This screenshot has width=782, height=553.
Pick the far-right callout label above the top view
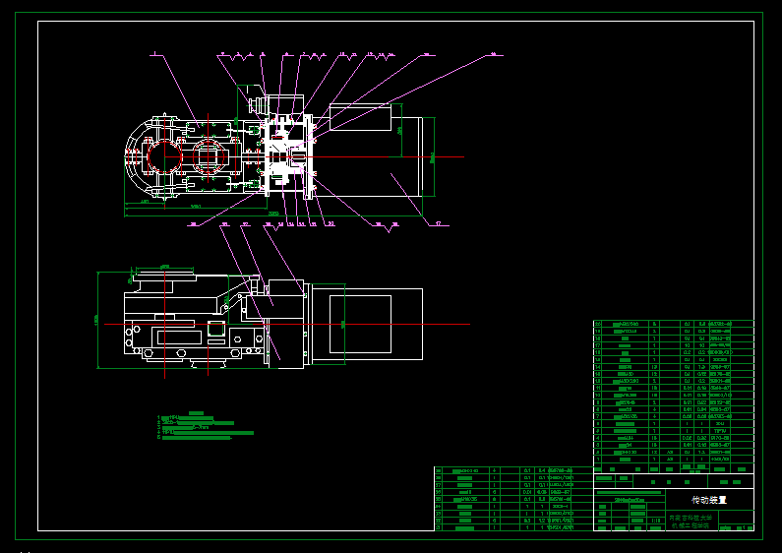pyautogui.click(x=494, y=53)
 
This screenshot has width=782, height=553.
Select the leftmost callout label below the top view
pyautogui.click(x=194, y=224)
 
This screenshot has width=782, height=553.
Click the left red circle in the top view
pyautogui.click(x=159, y=156)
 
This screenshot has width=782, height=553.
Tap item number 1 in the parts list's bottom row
pyautogui.click(x=598, y=460)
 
